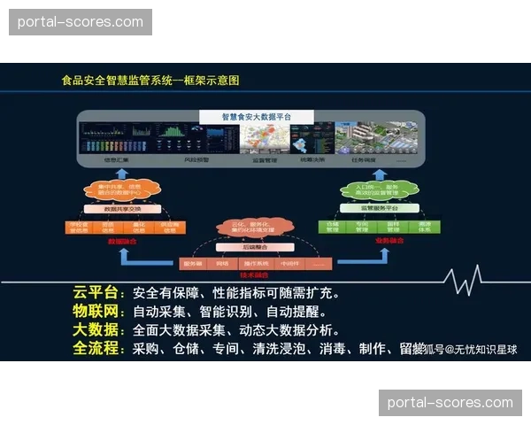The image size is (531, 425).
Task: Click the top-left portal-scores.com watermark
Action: click(x=81, y=22)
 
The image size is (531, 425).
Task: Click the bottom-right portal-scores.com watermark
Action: click(x=450, y=403)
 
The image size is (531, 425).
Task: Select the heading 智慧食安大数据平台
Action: click(x=257, y=117)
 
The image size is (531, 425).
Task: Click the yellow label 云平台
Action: click(x=98, y=293)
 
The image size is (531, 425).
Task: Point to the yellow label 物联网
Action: click(x=98, y=312)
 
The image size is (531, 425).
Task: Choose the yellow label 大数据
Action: click(x=98, y=330)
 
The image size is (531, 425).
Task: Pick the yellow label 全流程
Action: click(x=98, y=349)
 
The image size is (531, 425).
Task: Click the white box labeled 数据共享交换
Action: click(x=122, y=210)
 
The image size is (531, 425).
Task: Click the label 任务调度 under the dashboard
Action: click(x=361, y=161)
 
